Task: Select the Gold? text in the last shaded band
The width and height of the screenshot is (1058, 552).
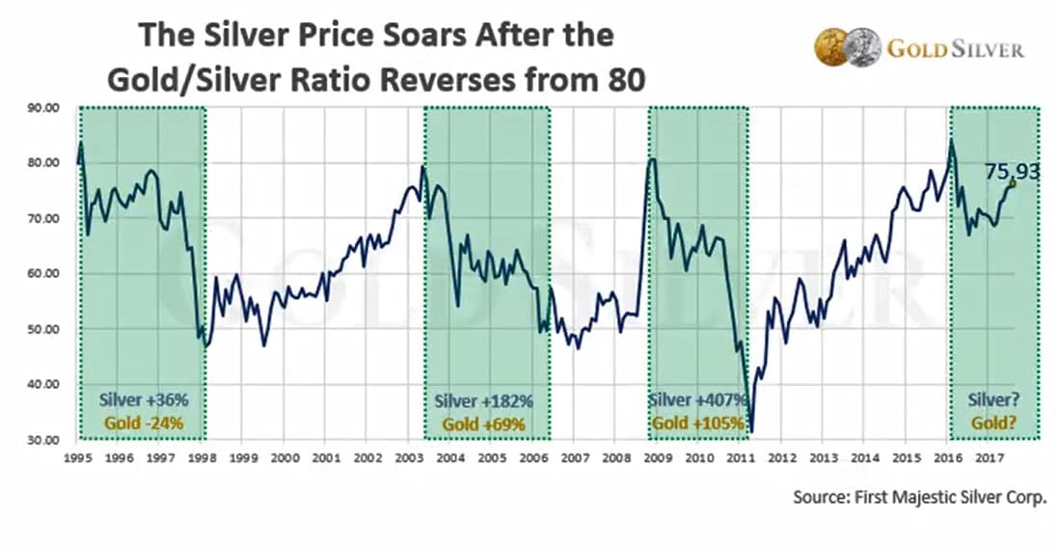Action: point(994,423)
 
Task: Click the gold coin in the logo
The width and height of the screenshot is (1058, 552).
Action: point(830,46)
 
